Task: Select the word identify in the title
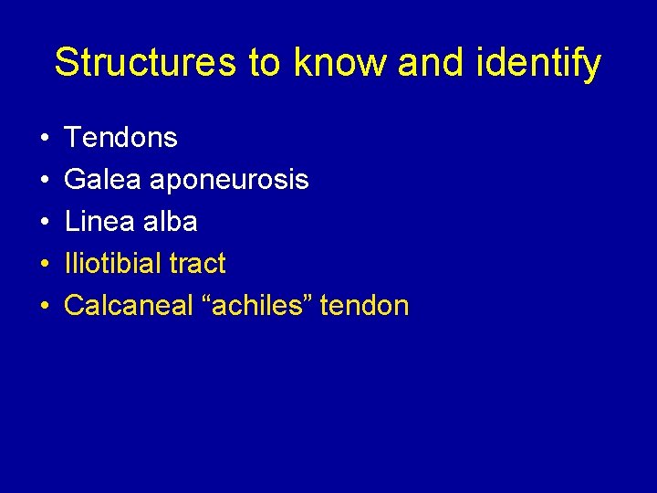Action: click(x=546, y=63)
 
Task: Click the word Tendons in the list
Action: click(x=120, y=138)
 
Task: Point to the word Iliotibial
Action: click(x=116, y=264)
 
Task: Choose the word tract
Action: click(x=200, y=264)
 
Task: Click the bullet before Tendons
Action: click(x=45, y=139)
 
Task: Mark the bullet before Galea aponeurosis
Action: click(x=45, y=181)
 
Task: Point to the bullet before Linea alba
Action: click(x=45, y=223)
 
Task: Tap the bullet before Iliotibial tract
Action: click(x=45, y=265)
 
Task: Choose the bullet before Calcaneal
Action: click(x=45, y=306)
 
